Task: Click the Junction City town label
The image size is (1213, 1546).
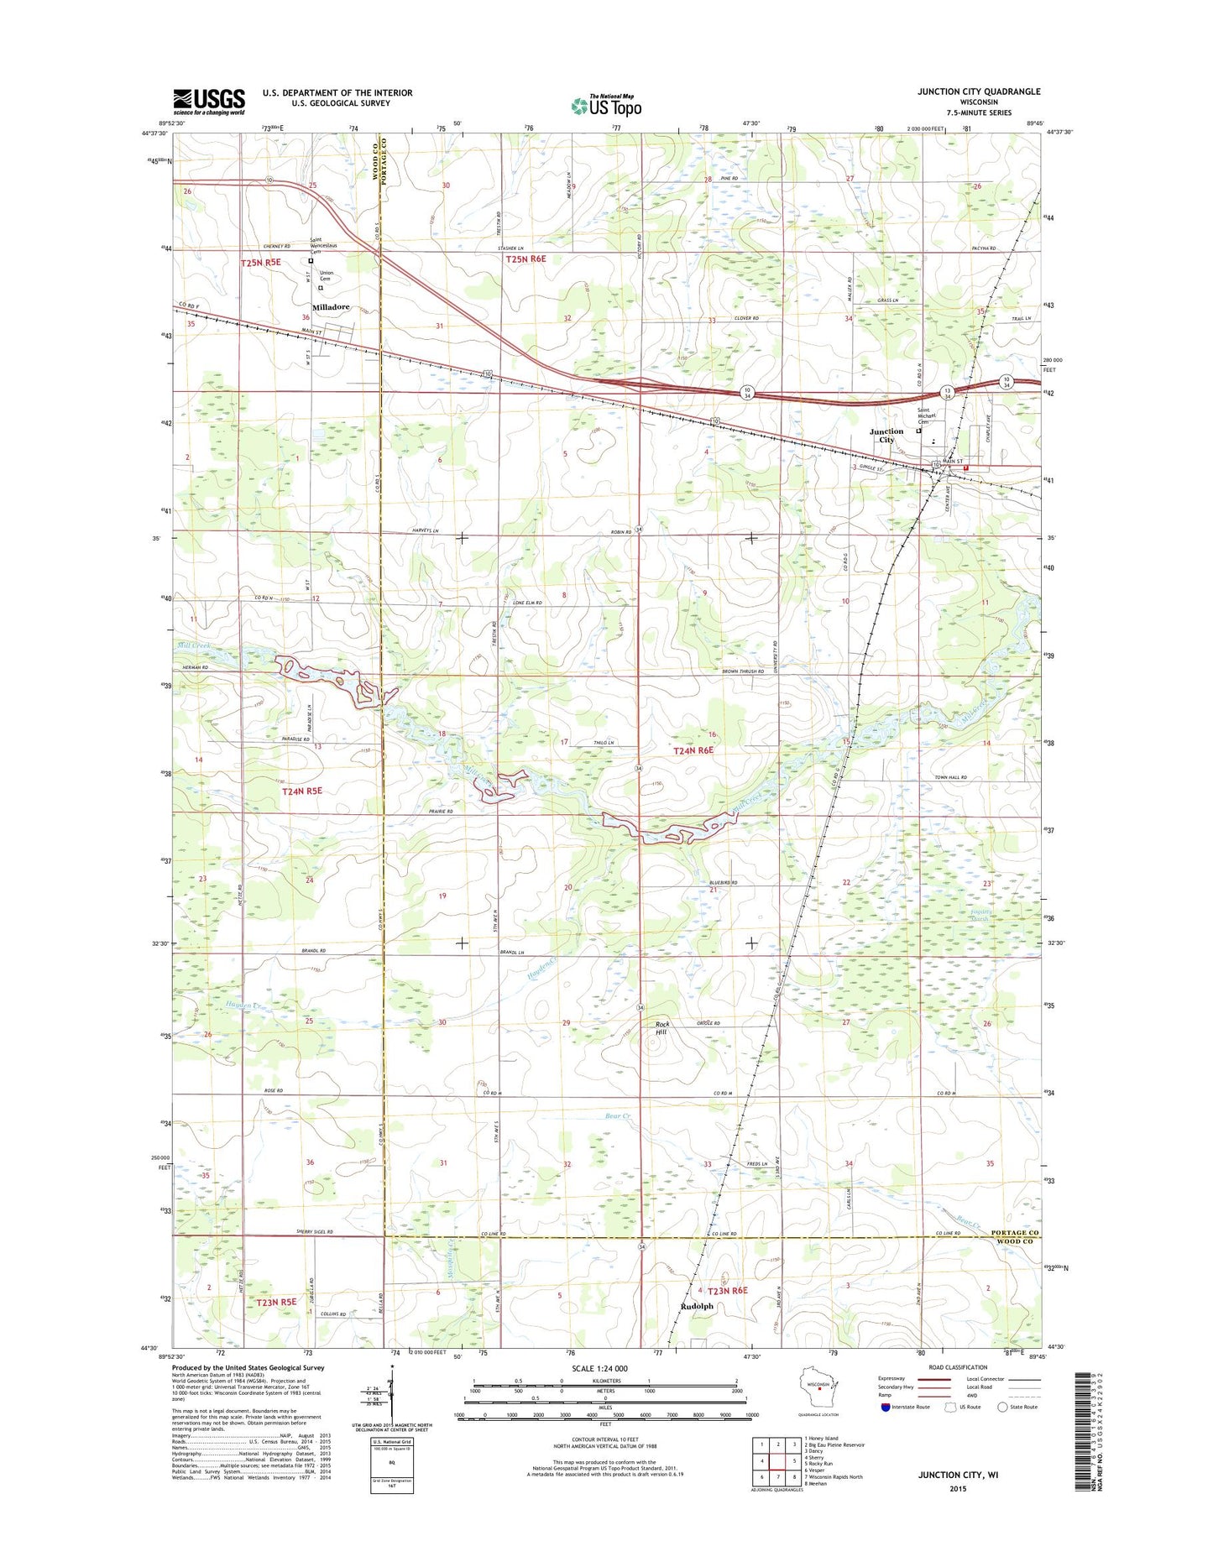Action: click(886, 435)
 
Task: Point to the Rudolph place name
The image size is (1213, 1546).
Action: click(697, 1306)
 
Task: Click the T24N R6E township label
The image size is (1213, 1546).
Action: click(693, 750)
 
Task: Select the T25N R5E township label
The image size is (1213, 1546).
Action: click(260, 263)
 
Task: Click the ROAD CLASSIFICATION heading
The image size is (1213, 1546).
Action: click(958, 1368)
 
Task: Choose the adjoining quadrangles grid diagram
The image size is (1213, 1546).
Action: click(777, 1461)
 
